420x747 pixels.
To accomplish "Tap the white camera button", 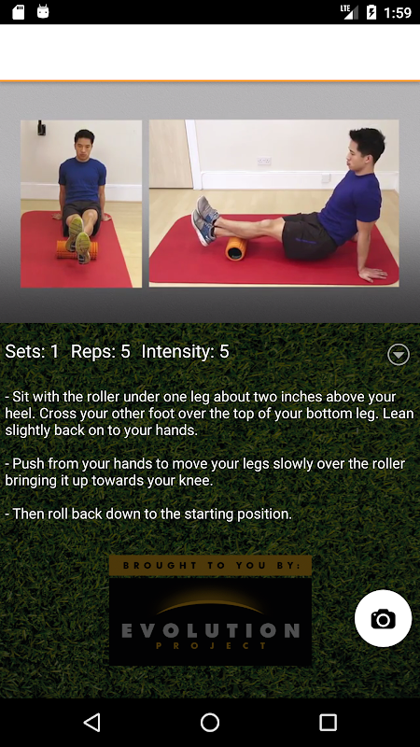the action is click(x=383, y=618).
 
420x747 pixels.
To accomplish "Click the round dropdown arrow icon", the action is click(x=399, y=355).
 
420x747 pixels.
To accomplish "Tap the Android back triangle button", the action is click(x=91, y=722).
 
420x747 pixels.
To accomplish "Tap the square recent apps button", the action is click(x=328, y=722).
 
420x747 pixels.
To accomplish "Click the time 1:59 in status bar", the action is click(x=398, y=12).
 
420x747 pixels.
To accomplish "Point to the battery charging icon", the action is click(x=371, y=12).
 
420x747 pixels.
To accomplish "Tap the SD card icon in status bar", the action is click(x=18, y=12).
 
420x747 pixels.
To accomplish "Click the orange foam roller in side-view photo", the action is click(x=236, y=248).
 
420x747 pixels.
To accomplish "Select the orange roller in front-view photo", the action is click(x=77, y=249).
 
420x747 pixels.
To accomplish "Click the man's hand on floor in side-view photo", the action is click(x=372, y=274).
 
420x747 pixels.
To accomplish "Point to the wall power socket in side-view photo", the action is click(x=264, y=161).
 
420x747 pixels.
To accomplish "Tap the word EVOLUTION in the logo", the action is click(x=211, y=630).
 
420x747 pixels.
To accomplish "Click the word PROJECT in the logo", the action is click(x=211, y=646).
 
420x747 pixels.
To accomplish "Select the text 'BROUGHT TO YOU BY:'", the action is click(x=212, y=566).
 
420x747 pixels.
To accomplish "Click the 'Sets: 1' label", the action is click(x=32, y=352).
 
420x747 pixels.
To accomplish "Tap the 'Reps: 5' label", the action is click(x=101, y=352).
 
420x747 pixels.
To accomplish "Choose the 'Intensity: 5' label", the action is click(x=185, y=352).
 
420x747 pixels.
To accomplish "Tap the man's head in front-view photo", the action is click(x=84, y=144).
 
